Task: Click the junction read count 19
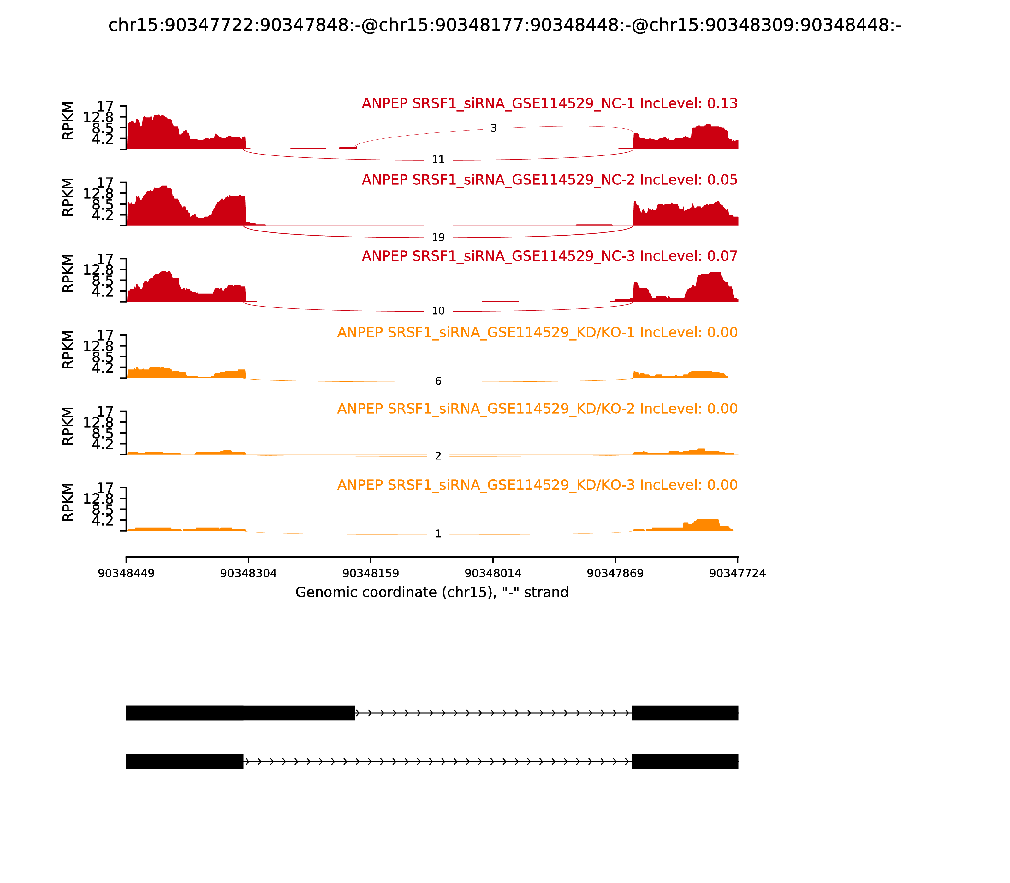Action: click(x=438, y=237)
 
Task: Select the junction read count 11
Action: click(x=438, y=160)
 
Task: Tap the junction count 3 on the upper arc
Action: click(x=493, y=128)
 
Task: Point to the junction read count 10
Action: click(x=438, y=311)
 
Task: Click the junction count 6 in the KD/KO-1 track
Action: click(x=438, y=381)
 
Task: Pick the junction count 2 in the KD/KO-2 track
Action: click(x=438, y=456)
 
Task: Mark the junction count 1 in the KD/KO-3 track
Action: click(x=438, y=534)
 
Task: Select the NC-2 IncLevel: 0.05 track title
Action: click(x=550, y=180)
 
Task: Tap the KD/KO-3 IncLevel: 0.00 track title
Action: click(x=537, y=485)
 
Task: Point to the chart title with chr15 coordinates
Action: click(x=504, y=25)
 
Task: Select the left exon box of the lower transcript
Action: click(x=184, y=761)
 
